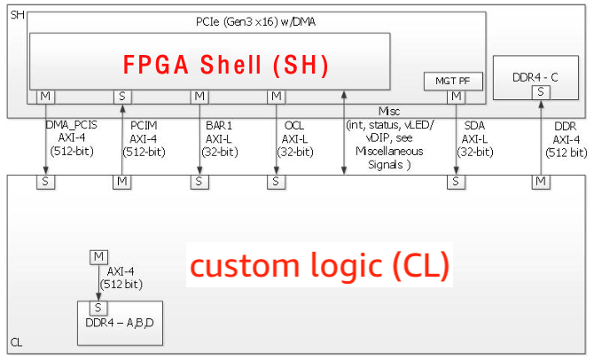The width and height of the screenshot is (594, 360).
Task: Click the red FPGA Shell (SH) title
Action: point(226,65)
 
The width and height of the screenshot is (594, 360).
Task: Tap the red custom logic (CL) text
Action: point(319,265)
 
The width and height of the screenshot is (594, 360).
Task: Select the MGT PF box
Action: point(453,81)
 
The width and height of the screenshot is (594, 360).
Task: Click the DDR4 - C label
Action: point(535,77)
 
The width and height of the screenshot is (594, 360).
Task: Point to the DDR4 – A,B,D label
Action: point(120,323)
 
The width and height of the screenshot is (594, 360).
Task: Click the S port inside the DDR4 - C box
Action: point(541,92)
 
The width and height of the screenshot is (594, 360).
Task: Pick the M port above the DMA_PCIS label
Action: point(45,97)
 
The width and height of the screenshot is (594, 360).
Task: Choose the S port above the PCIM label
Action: point(122,97)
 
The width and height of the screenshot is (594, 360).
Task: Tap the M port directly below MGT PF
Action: point(456,97)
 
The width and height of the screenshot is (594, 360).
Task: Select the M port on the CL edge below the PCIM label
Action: point(122,182)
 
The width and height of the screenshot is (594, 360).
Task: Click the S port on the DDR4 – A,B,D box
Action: point(98,308)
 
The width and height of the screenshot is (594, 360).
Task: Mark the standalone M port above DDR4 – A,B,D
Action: point(99,257)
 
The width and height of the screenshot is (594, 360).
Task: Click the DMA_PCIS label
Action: point(71,125)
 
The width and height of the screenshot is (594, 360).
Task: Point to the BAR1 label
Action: point(219,125)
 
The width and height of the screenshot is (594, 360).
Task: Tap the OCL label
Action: point(294,125)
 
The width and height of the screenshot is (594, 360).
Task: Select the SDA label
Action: point(474,125)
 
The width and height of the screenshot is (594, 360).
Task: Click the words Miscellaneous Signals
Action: point(389,158)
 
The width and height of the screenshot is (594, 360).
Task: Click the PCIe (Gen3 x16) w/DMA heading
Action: point(255,22)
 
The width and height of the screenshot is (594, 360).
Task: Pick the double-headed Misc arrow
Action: point(344,133)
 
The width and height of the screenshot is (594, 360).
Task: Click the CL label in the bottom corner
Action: point(16,342)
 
